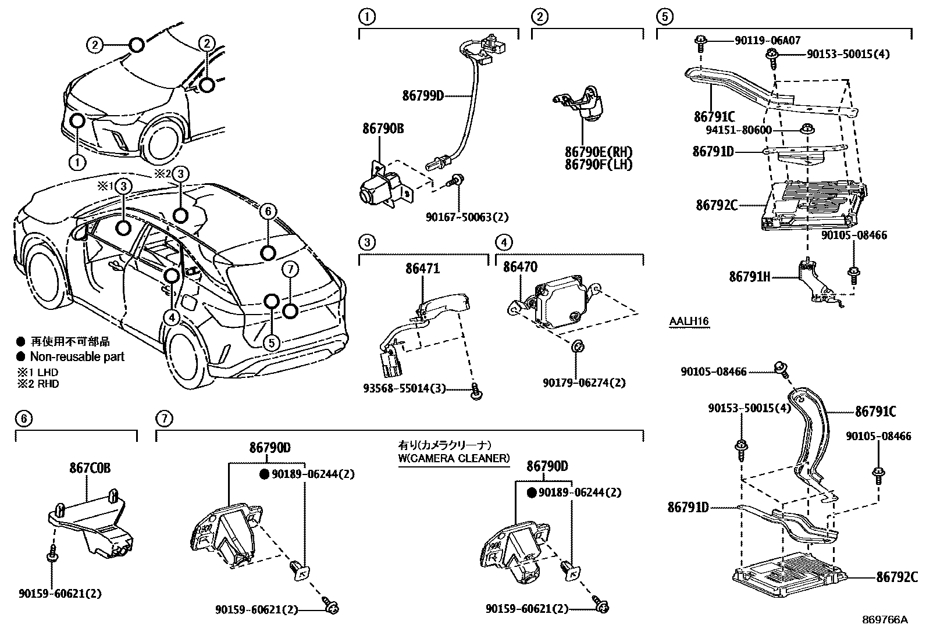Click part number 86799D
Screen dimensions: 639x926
point(422,95)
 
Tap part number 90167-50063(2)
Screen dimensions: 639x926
point(467,217)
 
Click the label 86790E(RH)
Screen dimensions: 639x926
point(598,152)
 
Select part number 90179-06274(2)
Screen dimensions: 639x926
point(585,383)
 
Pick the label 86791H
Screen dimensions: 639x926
point(749,277)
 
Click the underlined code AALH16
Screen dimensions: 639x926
point(689,322)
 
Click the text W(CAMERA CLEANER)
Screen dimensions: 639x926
point(453,458)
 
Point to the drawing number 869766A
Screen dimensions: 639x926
point(885,620)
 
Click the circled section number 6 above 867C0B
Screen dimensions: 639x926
point(23,418)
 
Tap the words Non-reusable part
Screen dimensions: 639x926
point(77,356)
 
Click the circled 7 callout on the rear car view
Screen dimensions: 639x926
point(291,269)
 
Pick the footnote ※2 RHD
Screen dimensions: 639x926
point(38,384)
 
